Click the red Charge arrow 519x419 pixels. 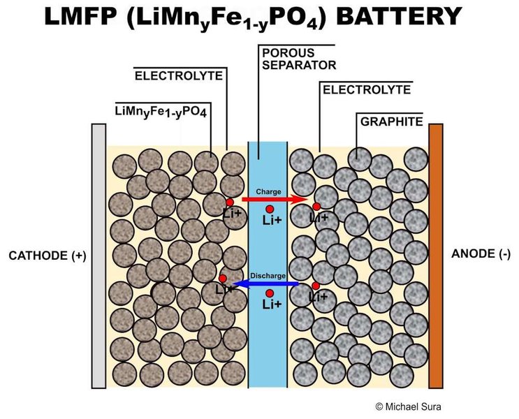(x=269, y=199)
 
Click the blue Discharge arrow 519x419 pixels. (x=269, y=284)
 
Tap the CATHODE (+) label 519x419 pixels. (x=47, y=256)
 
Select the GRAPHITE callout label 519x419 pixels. (x=391, y=122)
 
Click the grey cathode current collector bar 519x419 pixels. (x=98, y=256)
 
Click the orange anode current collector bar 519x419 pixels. (x=436, y=256)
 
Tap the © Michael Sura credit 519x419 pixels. (x=410, y=406)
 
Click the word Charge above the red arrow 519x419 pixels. (x=268, y=190)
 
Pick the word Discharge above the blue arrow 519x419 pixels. (x=268, y=276)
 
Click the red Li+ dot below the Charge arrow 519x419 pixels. (x=269, y=209)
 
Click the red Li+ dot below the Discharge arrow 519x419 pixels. (x=269, y=293)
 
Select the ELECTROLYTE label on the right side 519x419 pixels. (x=365, y=89)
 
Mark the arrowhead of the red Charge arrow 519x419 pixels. (x=304, y=199)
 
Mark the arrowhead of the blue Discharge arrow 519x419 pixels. (x=235, y=284)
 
